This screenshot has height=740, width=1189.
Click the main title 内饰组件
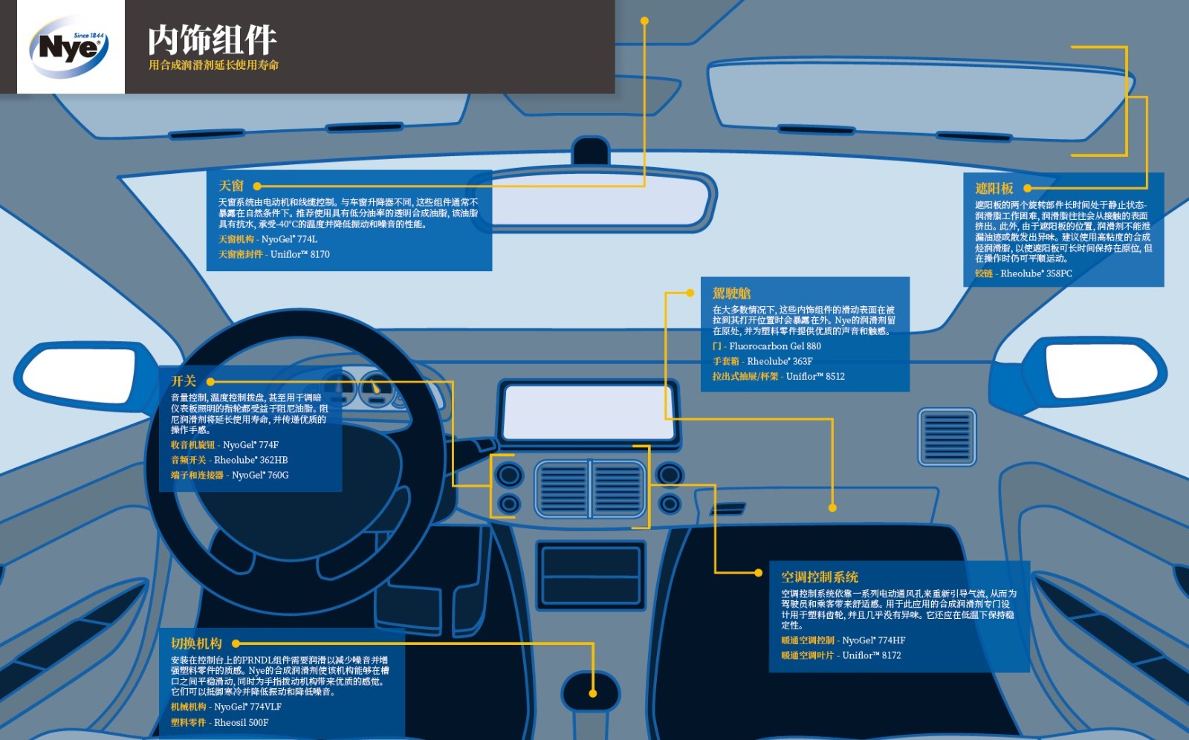(x=213, y=40)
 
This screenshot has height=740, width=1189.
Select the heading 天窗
(x=231, y=186)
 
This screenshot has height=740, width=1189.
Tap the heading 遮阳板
(x=994, y=189)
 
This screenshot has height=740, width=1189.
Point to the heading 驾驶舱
(x=732, y=293)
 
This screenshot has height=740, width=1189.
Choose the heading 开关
(x=184, y=381)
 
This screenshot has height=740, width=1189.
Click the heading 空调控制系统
(x=820, y=577)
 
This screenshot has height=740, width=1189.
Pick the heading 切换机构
(x=196, y=643)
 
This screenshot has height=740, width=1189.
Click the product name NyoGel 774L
(x=289, y=239)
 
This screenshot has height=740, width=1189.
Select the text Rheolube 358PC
(x=1036, y=273)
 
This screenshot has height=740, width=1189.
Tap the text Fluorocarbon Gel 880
(x=775, y=346)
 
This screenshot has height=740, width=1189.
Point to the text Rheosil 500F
(x=242, y=722)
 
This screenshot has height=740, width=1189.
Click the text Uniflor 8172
(x=872, y=655)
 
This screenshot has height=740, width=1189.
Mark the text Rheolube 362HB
(x=251, y=460)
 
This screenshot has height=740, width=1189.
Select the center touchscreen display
(x=589, y=412)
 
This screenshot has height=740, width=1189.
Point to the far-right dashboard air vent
(x=947, y=437)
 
